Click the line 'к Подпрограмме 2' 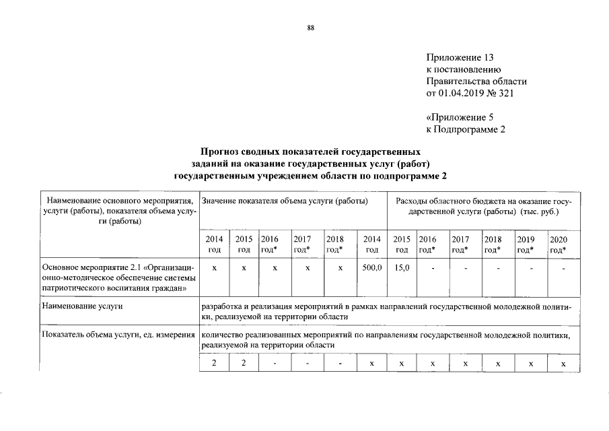tap(465, 129)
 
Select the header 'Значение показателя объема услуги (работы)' tap(284, 202)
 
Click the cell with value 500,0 tap(371, 269)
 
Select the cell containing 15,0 tap(402, 269)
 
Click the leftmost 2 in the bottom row tap(214, 364)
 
